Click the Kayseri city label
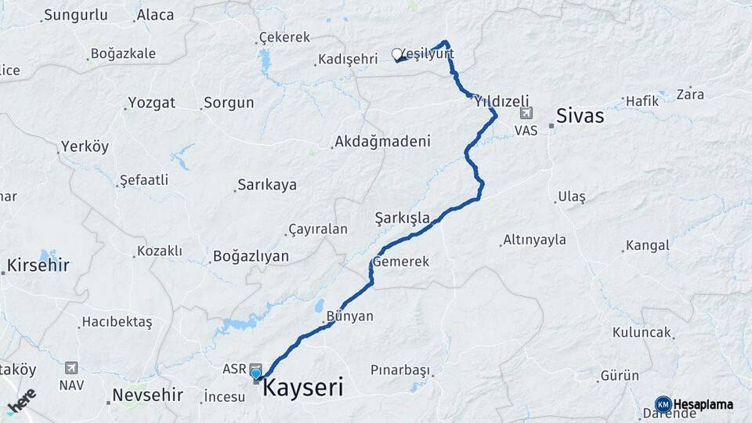click(302, 387)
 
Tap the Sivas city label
click(580, 116)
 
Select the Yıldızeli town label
click(501, 100)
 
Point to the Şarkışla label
click(402, 217)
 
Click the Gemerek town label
click(401, 262)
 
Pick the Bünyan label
click(349, 316)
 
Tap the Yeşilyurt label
click(428, 52)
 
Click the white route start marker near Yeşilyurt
click(396, 55)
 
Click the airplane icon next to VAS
click(524, 114)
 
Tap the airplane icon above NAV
click(72, 367)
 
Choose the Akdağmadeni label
click(382, 142)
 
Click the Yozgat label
click(151, 103)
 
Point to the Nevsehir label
click(147, 395)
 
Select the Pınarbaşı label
click(400, 369)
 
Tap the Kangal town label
click(647, 245)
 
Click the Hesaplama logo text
click(703, 404)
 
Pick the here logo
click(21, 402)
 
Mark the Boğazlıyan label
click(251, 256)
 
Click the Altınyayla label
click(534, 240)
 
